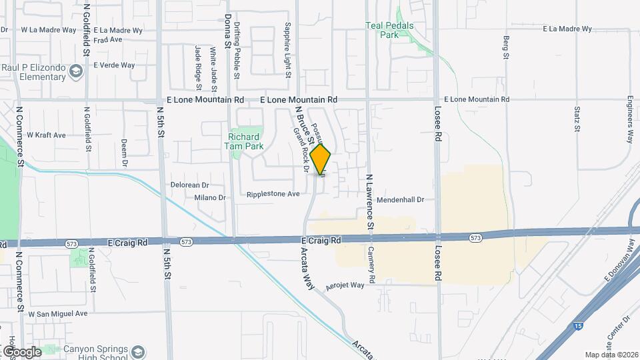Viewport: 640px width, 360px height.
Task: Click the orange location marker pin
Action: pyautogui.click(x=321, y=160)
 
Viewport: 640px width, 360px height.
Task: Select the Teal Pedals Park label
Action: pyautogui.click(x=390, y=30)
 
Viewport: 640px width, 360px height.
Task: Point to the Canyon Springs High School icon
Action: pyautogui.click(x=138, y=351)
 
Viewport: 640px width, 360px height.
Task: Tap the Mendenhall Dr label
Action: pyautogui.click(x=400, y=199)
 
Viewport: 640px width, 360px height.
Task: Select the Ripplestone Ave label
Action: pyautogui.click(x=273, y=194)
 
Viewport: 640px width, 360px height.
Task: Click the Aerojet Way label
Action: pyautogui.click(x=345, y=285)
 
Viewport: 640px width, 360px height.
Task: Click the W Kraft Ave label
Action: pyautogui.click(x=46, y=135)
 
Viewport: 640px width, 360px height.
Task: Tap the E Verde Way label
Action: pyautogui.click(x=114, y=65)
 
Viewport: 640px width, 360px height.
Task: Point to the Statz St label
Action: pyautogui.click(x=577, y=118)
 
